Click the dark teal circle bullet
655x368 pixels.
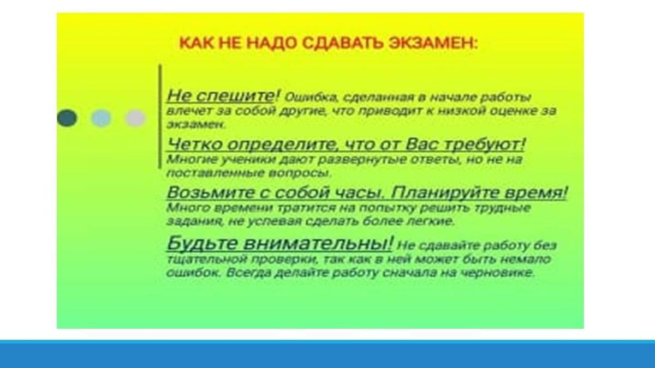coord(67,118)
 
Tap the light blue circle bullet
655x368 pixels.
coord(101,118)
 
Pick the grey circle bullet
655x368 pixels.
coord(135,118)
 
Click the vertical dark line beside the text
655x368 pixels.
coord(160,117)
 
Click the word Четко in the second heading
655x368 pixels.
coord(194,144)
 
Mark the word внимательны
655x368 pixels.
coord(315,244)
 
